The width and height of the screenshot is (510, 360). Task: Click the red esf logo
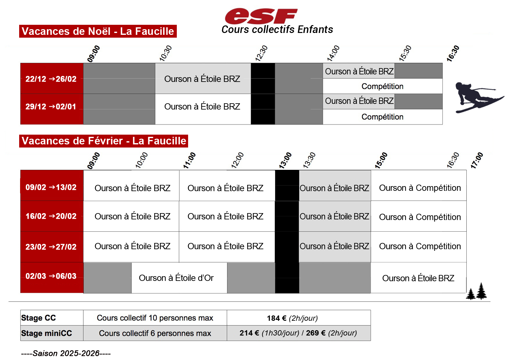261,16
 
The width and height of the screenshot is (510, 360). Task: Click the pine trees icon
476,291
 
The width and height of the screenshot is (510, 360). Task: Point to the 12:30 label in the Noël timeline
261,53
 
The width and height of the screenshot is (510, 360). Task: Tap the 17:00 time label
476,160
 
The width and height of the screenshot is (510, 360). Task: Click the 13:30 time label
309,160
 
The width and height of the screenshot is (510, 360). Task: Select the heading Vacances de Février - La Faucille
104,141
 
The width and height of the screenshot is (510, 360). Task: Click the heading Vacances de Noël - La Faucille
98,31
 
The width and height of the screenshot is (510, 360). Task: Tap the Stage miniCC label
46,333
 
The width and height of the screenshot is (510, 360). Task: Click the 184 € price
276,318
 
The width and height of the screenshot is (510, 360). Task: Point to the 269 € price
316,333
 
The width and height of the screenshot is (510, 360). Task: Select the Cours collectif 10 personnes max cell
155,318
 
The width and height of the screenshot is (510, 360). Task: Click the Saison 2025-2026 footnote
66,353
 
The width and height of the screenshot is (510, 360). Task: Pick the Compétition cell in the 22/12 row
382,86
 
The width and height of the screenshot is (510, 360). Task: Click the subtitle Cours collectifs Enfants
277,30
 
